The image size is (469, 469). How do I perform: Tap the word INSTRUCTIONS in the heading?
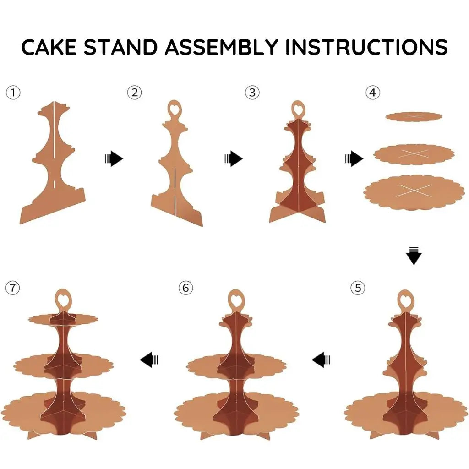coord(366,47)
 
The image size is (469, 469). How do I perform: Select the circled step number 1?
coord(13,93)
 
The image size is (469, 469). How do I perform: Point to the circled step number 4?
coord(372,93)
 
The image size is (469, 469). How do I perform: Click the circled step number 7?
coord(13,288)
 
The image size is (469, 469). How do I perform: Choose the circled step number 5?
coord(358,288)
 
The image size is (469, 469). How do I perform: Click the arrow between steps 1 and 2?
coord(114,159)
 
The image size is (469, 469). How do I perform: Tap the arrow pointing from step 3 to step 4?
coord(354,159)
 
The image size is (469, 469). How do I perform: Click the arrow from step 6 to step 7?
coord(149,360)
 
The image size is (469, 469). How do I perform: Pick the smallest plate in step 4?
coord(414,117)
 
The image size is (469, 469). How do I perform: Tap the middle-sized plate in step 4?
coord(414,154)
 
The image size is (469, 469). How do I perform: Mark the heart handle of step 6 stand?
coord(235,299)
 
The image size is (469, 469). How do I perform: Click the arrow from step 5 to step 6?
coord(321,360)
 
